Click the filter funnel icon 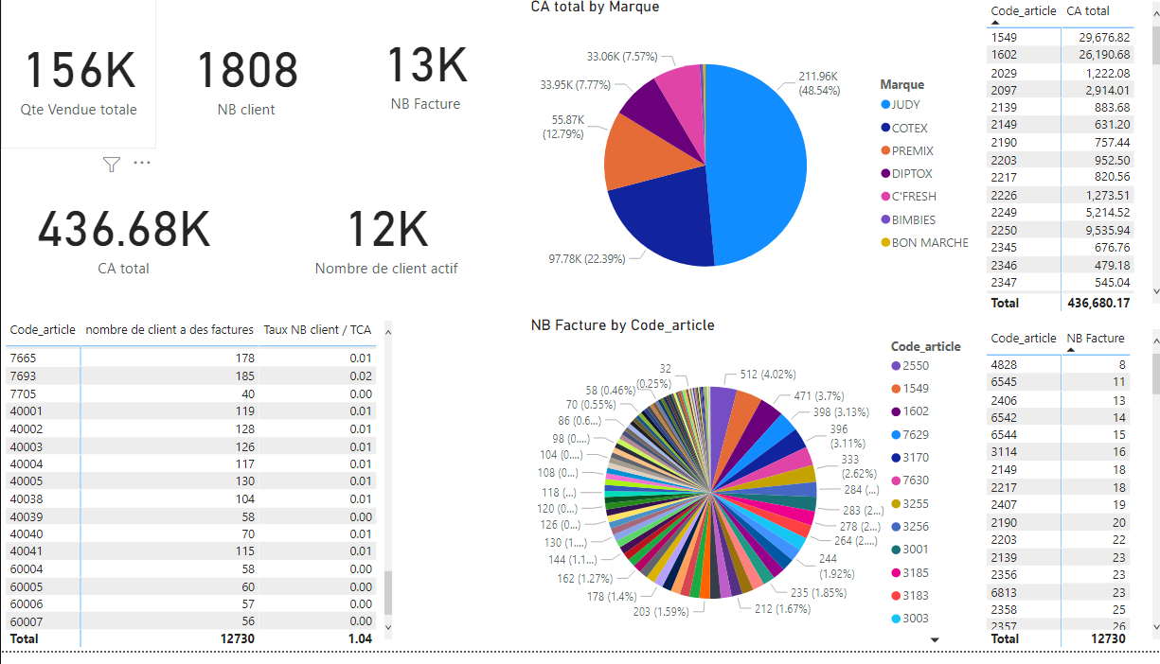pos(112,165)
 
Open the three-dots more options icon pos(142,163)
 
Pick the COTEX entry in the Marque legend pos(909,128)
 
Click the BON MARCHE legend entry pos(929,243)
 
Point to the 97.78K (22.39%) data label pos(587,259)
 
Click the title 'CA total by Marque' pos(595,8)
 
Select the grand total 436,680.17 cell pos(1098,303)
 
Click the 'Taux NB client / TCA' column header pos(317,330)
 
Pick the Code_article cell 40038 pos(27,499)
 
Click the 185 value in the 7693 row pos(243,376)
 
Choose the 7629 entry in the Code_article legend pos(915,435)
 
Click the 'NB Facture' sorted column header pos(1096,339)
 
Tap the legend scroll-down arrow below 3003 pos(935,640)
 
